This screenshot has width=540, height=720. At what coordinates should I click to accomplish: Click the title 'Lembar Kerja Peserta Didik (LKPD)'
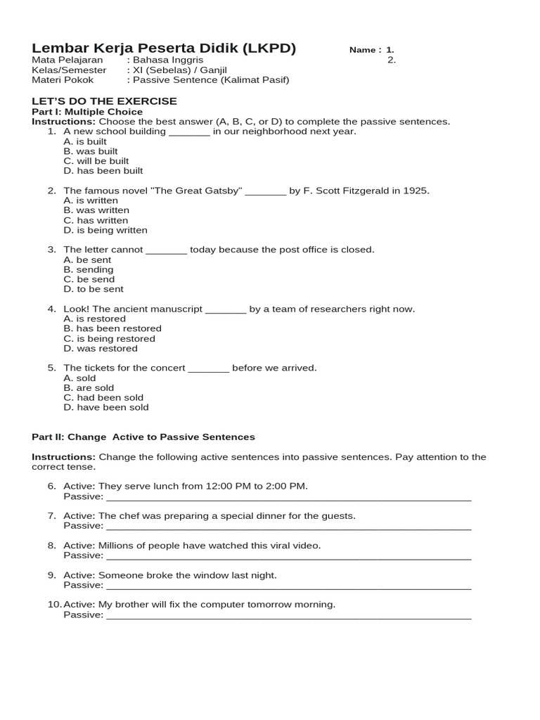pos(164,49)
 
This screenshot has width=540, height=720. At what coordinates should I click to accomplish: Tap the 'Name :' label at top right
pos(365,51)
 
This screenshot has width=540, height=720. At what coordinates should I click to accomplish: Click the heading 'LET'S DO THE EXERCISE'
pos(104,101)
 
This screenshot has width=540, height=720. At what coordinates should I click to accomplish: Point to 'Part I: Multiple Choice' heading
pos(87,112)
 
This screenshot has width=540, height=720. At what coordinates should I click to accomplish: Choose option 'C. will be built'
pos(96,161)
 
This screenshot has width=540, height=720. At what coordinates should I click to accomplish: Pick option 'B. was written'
pos(96,210)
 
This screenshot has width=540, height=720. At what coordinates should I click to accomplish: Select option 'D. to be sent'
pos(94,289)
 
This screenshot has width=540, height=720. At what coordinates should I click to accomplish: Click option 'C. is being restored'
pos(109,338)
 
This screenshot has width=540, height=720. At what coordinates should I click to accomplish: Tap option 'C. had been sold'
pos(103,397)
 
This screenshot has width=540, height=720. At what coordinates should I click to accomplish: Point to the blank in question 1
pos(189,132)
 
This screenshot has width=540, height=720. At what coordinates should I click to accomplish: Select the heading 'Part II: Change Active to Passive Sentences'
pos(143,437)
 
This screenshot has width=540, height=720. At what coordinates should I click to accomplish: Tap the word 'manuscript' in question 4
pos(177,309)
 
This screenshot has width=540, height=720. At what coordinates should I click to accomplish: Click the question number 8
pos(52,546)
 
